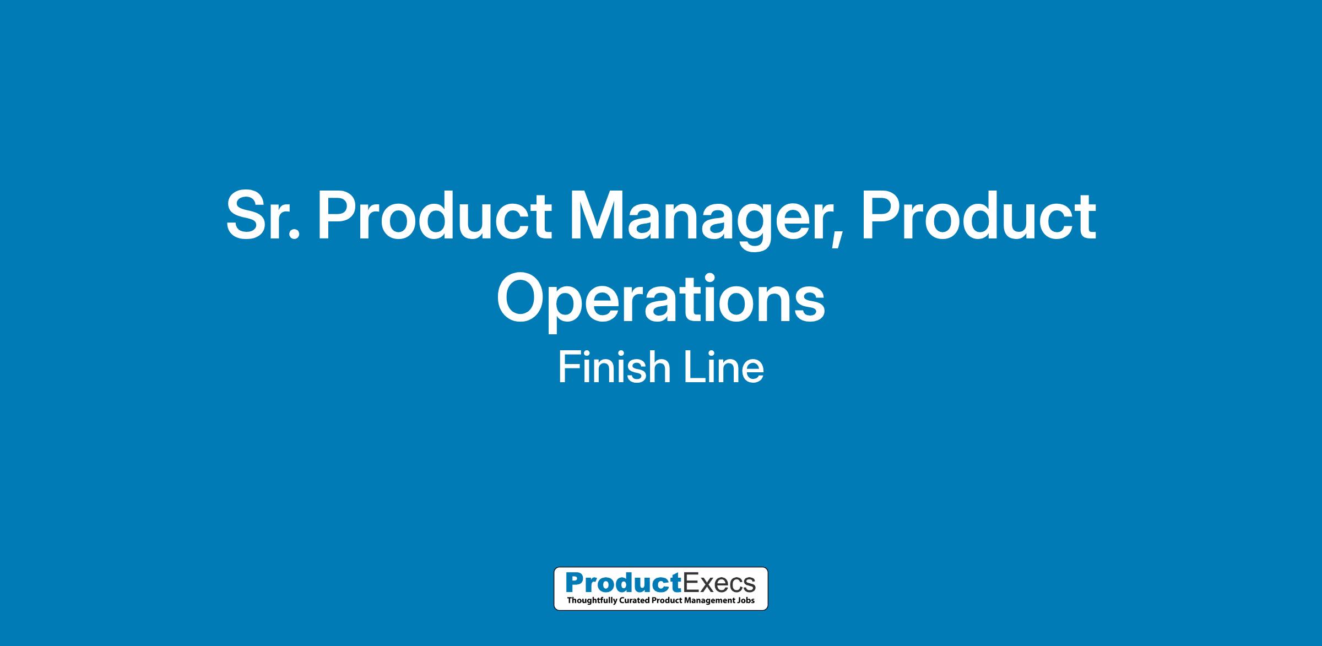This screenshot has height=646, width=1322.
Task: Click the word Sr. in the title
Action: pos(263,216)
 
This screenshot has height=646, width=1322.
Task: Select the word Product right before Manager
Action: pos(434,216)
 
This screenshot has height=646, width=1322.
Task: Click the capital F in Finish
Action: pos(570,367)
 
